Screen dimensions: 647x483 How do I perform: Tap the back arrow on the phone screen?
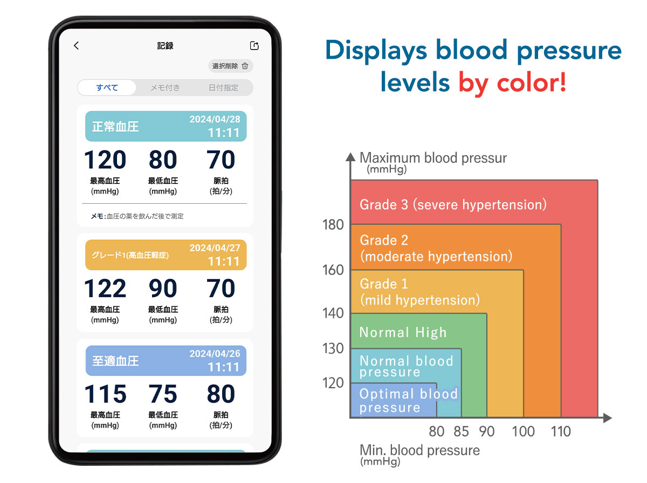pos(76,45)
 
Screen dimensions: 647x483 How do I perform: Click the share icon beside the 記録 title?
pos(254,45)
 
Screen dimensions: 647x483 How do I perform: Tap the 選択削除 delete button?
pos(230,66)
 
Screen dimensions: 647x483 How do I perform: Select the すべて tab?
pos(107,87)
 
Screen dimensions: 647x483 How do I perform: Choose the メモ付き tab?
pos(165,87)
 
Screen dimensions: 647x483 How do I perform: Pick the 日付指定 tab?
pos(223,87)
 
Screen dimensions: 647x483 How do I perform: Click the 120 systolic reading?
pos(105,160)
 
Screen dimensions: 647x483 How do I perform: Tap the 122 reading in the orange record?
pos(105,288)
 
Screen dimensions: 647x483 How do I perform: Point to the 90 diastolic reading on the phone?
pos(163,288)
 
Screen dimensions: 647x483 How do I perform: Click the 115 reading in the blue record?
pos(105,394)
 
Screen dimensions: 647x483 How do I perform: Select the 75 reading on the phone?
pos(163,394)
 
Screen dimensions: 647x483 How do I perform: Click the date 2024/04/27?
pos(215,248)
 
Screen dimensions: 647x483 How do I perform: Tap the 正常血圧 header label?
pos(115,127)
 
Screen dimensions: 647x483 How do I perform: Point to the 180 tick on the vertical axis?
pos(333,225)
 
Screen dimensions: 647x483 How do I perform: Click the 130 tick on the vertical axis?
pos(333,348)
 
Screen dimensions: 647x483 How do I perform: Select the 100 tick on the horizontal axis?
pos(523,431)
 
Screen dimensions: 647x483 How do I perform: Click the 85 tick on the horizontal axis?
pos(461,431)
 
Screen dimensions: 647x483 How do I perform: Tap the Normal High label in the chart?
pos(403,332)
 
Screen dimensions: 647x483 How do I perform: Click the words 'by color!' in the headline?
pos(512,82)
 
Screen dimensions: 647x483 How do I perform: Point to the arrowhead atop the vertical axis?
pos(350,157)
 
